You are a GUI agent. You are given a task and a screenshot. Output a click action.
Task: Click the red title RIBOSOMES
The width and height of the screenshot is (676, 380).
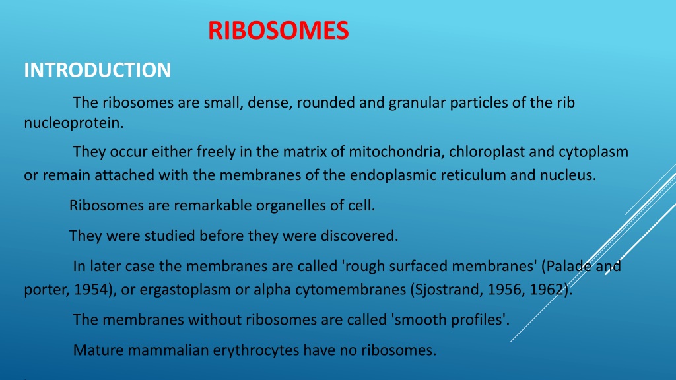coord(278,30)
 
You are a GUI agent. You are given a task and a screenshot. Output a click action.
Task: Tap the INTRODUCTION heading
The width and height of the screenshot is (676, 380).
coord(98,70)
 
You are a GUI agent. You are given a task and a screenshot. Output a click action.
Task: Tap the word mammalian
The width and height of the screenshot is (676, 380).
coord(168,350)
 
